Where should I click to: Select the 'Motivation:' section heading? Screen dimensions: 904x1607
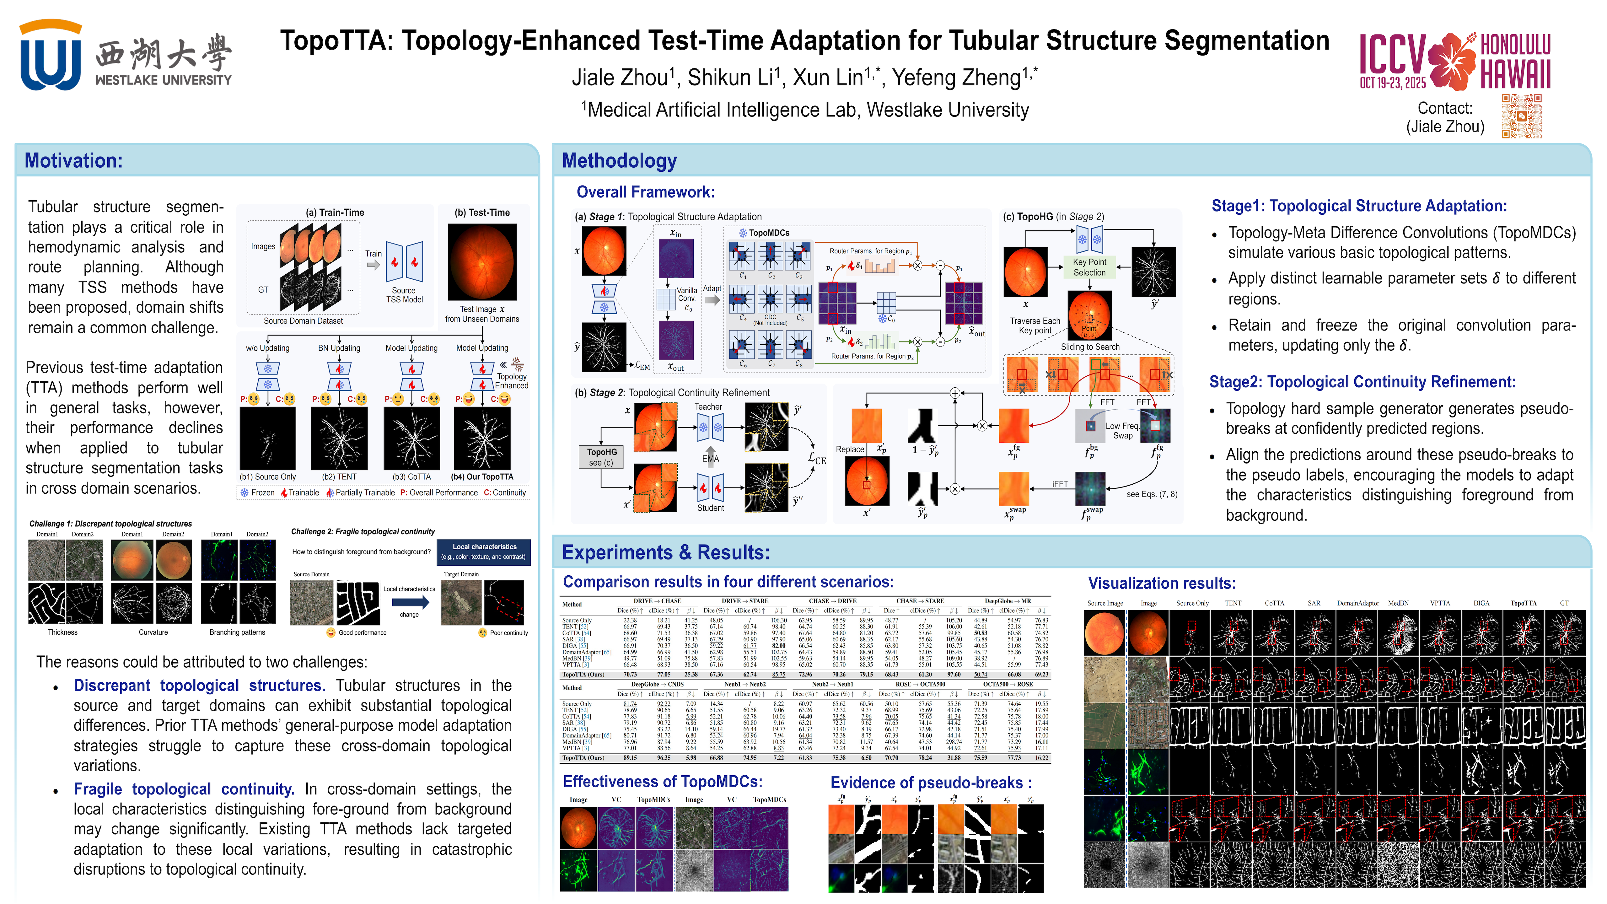tap(74, 161)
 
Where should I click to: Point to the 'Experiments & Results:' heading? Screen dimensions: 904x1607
tap(666, 553)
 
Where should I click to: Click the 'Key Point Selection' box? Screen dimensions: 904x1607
tap(1089, 267)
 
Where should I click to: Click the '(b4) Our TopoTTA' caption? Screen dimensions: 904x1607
tap(482, 477)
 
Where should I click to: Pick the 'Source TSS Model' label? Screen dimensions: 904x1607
tap(404, 295)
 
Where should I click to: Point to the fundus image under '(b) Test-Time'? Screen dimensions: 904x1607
tap(482, 262)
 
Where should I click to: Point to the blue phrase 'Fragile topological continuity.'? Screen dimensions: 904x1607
tap(184, 789)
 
